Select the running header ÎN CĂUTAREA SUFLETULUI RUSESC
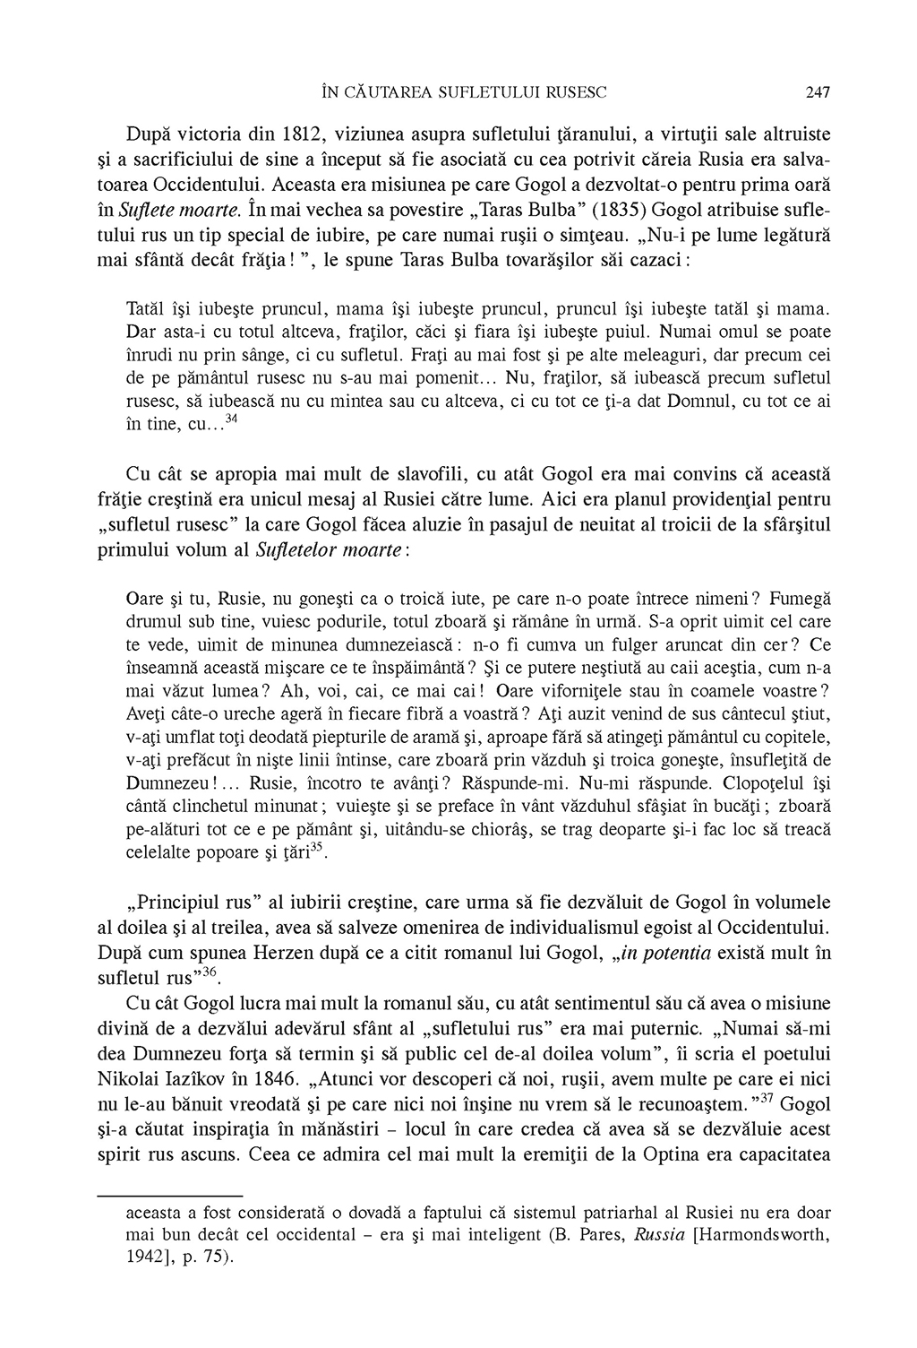tap(464, 91)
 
